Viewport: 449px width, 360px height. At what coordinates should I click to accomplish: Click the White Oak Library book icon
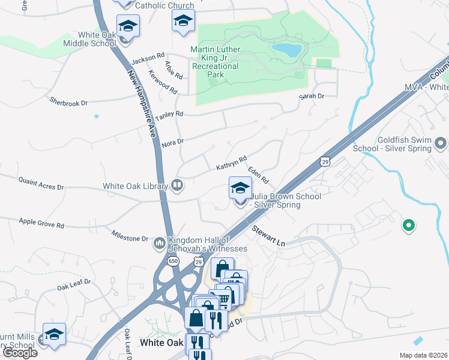pos(177,185)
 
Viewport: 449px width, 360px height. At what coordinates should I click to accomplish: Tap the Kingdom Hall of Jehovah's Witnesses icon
pos(160,243)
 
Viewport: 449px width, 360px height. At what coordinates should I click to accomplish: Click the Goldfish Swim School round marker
pos(441,143)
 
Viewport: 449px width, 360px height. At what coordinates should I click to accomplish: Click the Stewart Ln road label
pos(268,236)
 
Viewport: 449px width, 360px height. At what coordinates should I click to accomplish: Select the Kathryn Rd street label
pos(232,163)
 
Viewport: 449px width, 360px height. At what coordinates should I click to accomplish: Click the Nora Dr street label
pos(172,142)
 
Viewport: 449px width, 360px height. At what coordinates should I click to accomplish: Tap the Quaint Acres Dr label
pos(41,187)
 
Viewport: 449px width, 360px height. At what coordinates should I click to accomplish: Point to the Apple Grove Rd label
pos(41,224)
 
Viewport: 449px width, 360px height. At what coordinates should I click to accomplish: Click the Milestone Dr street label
pos(130,235)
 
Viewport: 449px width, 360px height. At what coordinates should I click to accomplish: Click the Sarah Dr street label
pos(312,96)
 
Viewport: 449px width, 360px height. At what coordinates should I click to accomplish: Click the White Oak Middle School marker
pos(128,26)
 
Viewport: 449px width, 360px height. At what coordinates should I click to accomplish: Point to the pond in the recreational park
pos(286,50)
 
